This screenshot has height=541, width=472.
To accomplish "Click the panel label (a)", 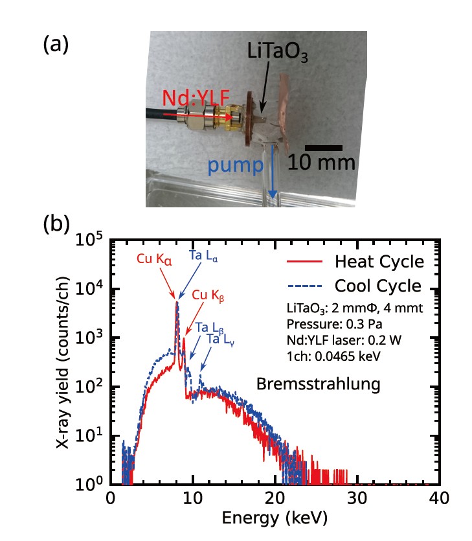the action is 56,45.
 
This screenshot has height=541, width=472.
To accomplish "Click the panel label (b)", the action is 56,224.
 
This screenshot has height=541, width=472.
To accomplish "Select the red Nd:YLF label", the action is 196,98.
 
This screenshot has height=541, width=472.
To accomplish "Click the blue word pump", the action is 236,166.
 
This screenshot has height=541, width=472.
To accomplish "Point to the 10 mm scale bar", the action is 324,148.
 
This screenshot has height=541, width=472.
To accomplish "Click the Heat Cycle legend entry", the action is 355,262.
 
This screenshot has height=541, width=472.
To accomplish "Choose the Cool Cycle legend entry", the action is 354,286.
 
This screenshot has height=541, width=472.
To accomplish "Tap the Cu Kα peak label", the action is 153,259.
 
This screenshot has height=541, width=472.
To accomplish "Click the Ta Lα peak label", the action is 203,256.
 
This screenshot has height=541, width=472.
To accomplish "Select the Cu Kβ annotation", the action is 208,295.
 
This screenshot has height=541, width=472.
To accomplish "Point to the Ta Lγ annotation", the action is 220,340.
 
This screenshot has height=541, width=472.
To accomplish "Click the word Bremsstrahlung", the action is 319,384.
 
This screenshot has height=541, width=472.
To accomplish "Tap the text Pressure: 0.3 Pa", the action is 335,325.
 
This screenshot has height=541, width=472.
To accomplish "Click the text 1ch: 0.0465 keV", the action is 333,356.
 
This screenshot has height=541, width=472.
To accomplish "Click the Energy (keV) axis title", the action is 275,518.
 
